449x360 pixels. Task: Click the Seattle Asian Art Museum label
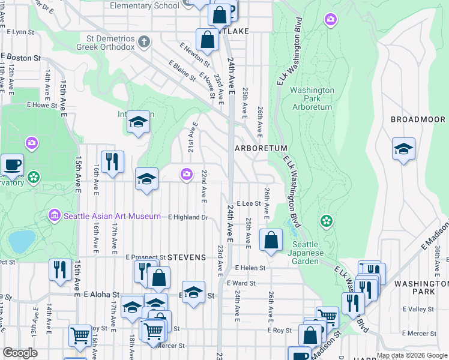(x=112, y=216)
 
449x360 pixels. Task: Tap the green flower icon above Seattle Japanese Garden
(x=327, y=221)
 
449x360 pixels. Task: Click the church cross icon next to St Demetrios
(x=143, y=42)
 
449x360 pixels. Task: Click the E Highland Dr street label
(x=187, y=217)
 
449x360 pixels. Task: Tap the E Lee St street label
(x=249, y=204)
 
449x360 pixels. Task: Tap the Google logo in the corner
(x=20, y=352)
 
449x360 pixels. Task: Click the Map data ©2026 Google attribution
(x=411, y=355)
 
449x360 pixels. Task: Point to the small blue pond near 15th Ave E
(x=22, y=241)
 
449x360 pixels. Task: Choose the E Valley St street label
(x=420, y=309)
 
